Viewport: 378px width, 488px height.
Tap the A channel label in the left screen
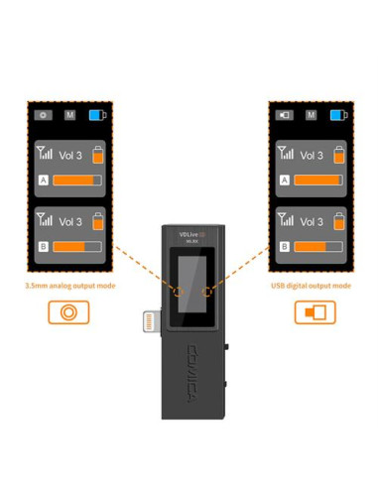click(43, 181)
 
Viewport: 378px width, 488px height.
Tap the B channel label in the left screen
click(43, 246)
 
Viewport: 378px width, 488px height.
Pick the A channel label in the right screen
click(285, 181)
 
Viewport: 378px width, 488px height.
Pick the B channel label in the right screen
click(285, 246)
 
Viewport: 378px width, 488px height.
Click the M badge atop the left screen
click(71, 115)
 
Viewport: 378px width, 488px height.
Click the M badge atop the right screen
click(312, 115)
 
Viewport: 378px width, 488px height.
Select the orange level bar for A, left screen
click(77, 181)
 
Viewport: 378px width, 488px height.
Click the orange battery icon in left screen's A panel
click(97, 155)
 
